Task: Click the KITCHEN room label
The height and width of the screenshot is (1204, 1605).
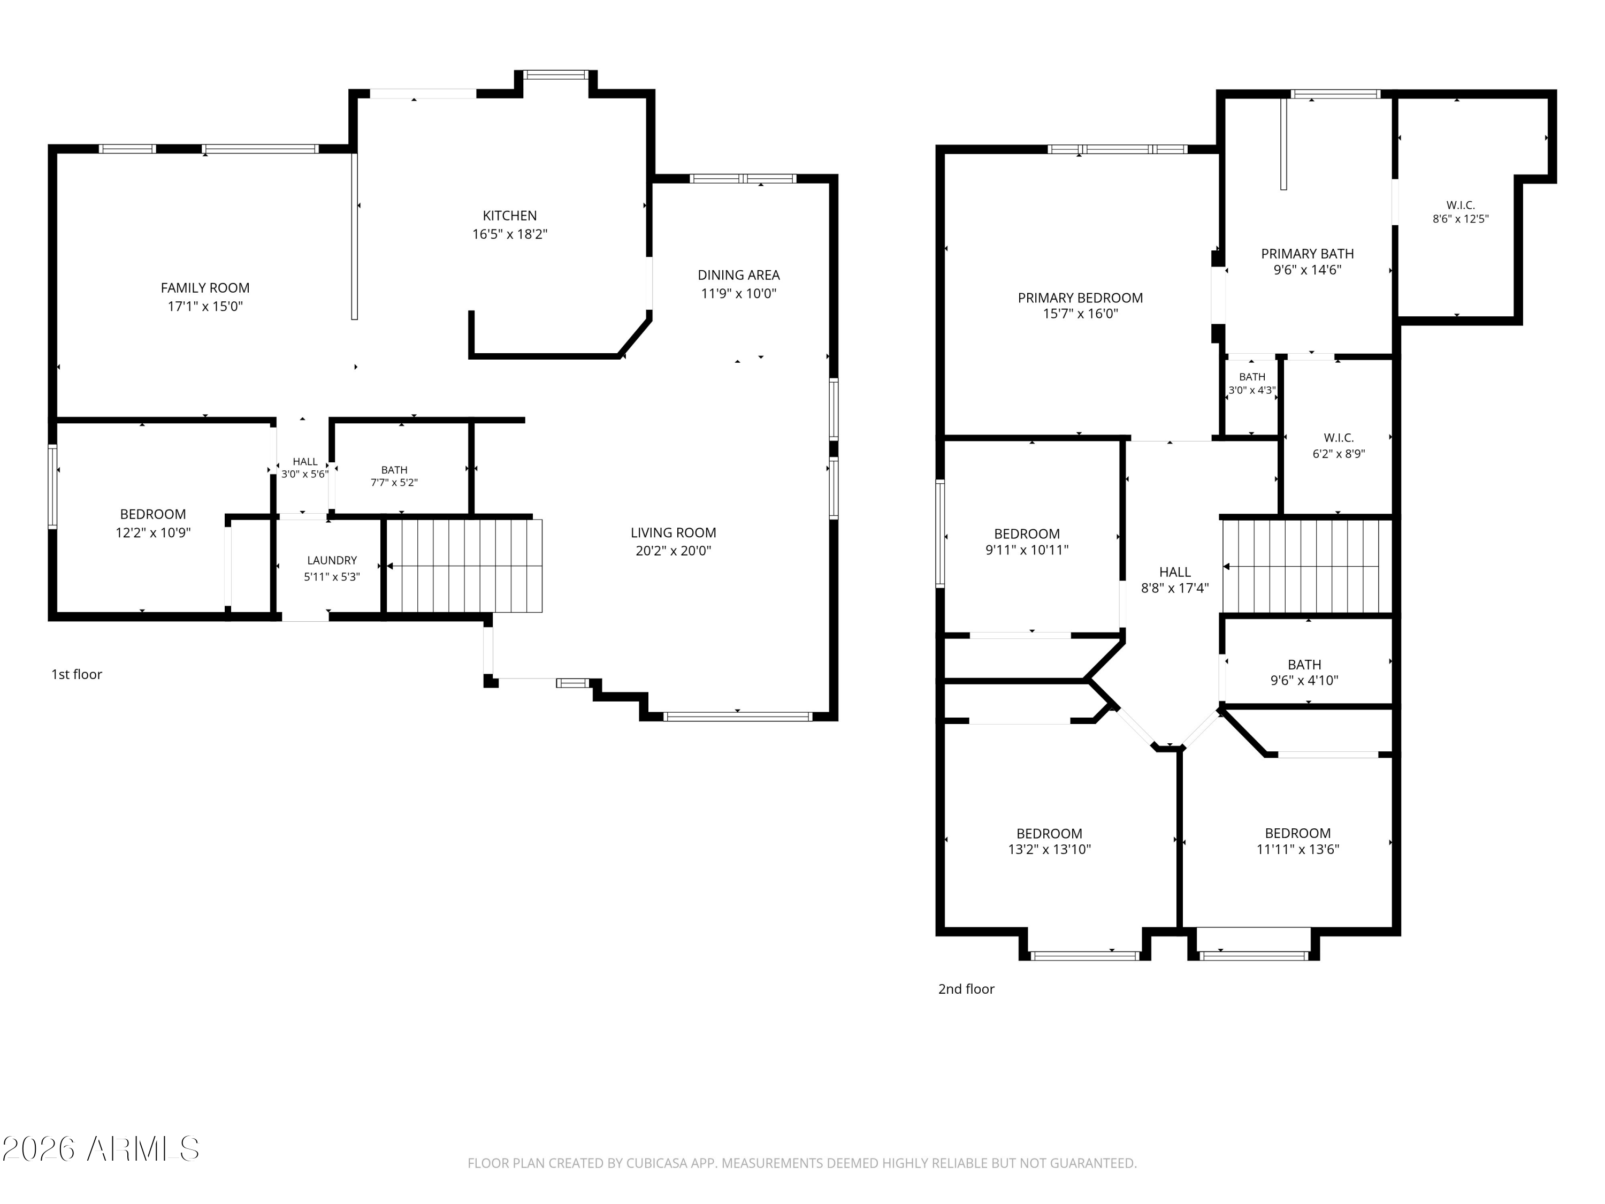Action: [509, 216]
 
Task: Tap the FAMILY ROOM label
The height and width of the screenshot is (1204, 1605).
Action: [205, 288]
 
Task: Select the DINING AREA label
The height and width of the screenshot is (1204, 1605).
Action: [739, 275]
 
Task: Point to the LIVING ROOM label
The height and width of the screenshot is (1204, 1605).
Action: [674, 532]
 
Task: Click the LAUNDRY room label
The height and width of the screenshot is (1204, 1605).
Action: [332, 560]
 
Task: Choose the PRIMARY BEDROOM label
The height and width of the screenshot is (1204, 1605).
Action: [1080, 298]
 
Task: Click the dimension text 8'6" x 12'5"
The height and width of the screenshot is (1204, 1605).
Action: [1461, 218]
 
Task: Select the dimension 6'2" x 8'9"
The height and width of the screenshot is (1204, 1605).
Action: [1339, 454]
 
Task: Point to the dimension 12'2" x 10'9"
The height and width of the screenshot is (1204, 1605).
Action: [153, 532]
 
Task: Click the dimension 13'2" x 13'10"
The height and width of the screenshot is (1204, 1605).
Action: [1049, 849]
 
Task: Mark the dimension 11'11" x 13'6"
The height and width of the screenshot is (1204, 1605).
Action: [1298, 849]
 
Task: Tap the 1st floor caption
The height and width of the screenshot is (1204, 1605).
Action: [76, 674]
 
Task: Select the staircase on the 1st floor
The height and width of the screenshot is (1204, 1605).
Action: [464, 566]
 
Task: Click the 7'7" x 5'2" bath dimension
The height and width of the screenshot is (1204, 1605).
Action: [394, 483]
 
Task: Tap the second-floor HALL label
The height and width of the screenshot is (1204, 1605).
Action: [1175, 572]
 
